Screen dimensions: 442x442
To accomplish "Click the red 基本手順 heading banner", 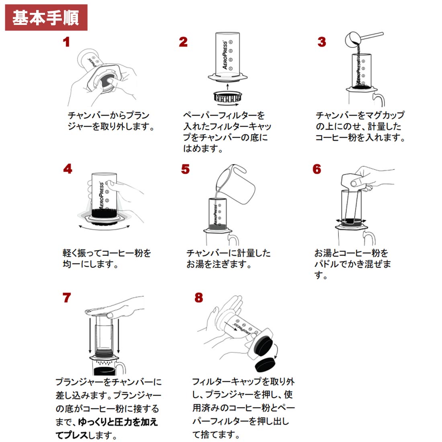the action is tap(46, 17).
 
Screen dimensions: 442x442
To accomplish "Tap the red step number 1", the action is tap(66, 42).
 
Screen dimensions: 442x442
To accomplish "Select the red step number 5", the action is tap(185, 169).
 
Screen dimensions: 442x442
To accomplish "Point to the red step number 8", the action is tap(198, 298).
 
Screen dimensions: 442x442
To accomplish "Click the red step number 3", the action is tap(321, 42).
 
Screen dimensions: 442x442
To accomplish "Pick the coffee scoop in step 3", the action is tap(364, 39).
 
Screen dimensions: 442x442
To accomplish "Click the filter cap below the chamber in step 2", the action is tap(228, 97).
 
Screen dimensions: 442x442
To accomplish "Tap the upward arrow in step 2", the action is tap(228, 86).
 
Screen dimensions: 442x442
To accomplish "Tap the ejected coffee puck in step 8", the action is tap(265, 364).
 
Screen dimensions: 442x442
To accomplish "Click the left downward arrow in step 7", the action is tap(90, 336).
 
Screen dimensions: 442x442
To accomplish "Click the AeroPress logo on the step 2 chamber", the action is tap(225, 55).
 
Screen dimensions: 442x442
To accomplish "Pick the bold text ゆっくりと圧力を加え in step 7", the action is tap(118, 422).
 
